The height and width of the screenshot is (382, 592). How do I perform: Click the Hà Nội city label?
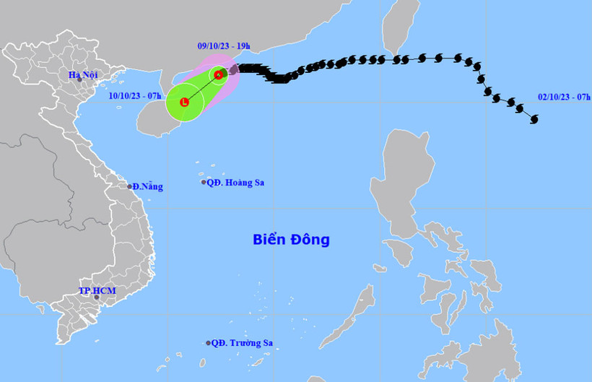(x=83, y=74)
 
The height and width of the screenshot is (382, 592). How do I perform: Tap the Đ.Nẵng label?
(x=148, y=187)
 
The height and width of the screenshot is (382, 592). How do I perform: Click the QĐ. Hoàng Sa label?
(x=235, y=183)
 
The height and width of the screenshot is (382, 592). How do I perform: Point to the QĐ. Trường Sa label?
(x=242, y=344)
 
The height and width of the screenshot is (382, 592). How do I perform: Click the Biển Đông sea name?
(x=291, y=239)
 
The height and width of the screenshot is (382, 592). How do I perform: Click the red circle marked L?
(x=184, y=103)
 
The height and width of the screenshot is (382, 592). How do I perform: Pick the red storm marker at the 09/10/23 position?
(x=218, y=74)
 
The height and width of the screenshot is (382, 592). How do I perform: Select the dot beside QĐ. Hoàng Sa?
(x=204, y=182)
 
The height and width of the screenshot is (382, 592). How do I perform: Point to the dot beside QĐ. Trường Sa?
(x=208, y=344)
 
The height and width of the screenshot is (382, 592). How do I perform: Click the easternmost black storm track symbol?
(x=534, y=121)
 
